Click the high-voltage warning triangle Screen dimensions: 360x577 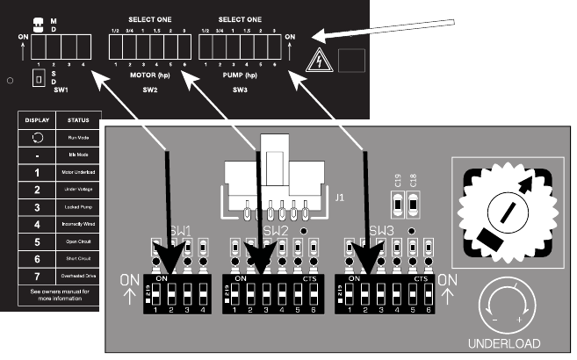(x=317, y=61)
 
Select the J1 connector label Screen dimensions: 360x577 (x=339, y=198)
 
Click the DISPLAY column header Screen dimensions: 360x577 (x=36, y=119)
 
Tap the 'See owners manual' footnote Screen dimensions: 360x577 (x=57, y=293)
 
